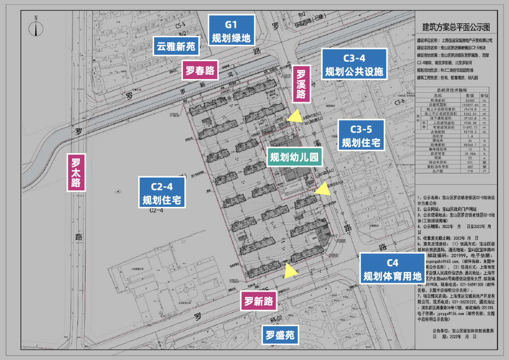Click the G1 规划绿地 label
coord(231,30)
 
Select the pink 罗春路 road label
coord(200,71)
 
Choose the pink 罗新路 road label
coord(258,302)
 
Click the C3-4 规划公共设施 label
coord(354,65)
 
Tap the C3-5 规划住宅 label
coord(361,135)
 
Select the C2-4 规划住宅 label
coord(162,192)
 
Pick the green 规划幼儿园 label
coord(295,157)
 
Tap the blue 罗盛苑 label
coord(279,335)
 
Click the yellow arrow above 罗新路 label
coord(291,270)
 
